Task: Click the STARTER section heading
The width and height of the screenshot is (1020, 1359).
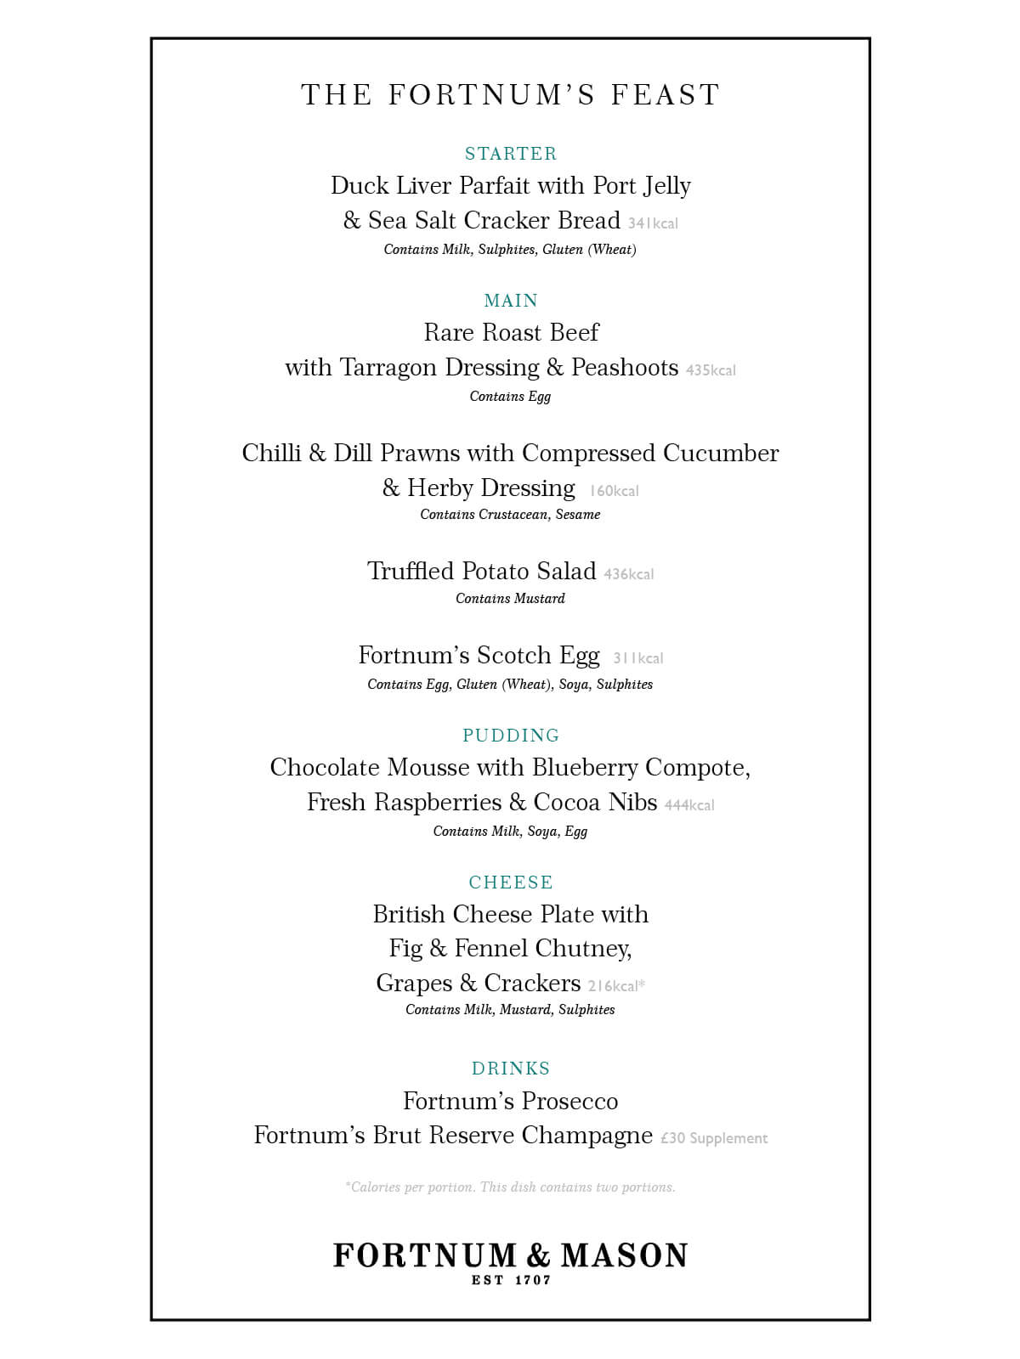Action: click(511, 154)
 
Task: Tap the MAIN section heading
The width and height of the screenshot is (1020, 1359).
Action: click(511, 301)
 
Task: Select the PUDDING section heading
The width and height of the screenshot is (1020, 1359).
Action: click(511, 736)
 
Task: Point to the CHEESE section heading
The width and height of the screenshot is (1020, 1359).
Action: click(511, 883)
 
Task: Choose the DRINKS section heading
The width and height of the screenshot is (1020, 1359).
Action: click(511, 1069)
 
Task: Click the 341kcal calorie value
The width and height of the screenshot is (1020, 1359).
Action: click(653, 223)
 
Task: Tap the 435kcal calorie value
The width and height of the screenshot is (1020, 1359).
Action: click(711, 370)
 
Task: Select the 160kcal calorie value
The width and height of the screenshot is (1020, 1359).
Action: click(614, 491)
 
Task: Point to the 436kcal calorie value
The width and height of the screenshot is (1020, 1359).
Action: click(629, 574)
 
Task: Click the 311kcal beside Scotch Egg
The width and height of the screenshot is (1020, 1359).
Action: click(638, 658)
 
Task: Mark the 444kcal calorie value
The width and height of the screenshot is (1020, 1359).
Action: click(689, 805)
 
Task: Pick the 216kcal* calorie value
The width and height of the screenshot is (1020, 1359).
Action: click(616, 986)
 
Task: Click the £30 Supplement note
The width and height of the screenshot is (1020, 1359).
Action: click(714, 1138)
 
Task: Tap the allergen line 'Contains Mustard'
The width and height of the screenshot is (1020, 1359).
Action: click(510, 599)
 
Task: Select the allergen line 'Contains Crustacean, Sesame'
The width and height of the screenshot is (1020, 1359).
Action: click(510, 515)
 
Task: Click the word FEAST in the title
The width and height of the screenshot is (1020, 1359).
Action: click(666, 94)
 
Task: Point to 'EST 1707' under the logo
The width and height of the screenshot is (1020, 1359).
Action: click(511, 1280)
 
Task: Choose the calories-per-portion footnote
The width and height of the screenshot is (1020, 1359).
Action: click(510, 1187)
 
